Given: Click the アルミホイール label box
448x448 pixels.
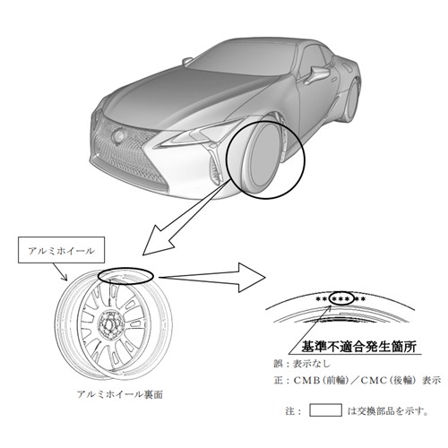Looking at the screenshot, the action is click(x=61, y=250).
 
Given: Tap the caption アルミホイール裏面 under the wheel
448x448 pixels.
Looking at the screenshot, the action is click(x=120, y=394).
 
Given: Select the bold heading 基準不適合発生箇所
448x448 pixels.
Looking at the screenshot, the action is click(x=358, y=347).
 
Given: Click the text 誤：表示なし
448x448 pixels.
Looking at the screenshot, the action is click(x=303, y=364).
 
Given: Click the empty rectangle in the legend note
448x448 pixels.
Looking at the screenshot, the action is click(x=325, y=410).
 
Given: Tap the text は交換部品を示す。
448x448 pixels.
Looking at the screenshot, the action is click(x=388, y=411).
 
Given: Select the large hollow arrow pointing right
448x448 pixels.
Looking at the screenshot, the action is click(x=212, y=278).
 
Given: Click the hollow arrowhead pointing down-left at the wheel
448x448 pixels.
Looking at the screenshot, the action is click(x=159, y=239).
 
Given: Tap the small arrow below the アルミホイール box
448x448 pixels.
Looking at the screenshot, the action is click(x=60, y=272).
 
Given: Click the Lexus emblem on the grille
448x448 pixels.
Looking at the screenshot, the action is click(x=119, y=136).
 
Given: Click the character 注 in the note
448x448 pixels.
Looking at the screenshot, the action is click(x=290, y=411).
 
